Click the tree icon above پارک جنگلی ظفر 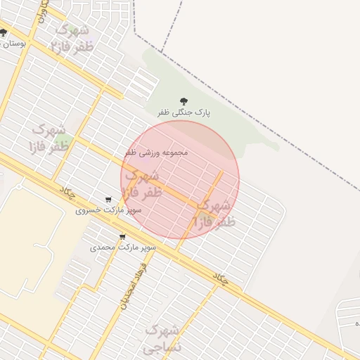pos(184,101)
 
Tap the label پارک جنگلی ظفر pos(184,112)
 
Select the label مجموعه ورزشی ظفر pos(156,152)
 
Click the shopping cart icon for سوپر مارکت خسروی pos(108,200)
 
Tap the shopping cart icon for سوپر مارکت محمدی pos(123,236)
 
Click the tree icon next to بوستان pos(4,32)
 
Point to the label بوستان pos(14,44)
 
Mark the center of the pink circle pos(181,180)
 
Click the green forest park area pos(211,77)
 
